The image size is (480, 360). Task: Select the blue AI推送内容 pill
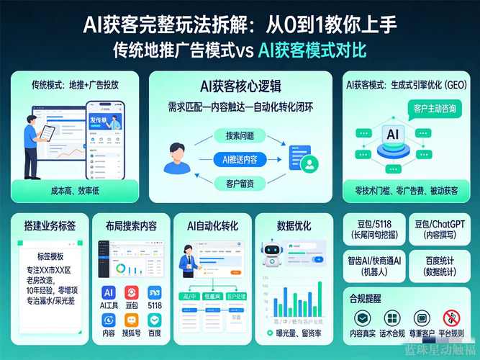pyautogui.click(x=240, y=158)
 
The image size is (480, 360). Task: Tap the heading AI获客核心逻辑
pyautogui.click(x=240, y=87)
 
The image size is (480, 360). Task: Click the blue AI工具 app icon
pyautogui.click(x=109, y=292)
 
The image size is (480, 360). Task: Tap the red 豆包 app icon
pyautogui.click(x=132, y=292)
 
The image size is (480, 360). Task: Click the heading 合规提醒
pyautogui.click(x=367, y=298)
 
